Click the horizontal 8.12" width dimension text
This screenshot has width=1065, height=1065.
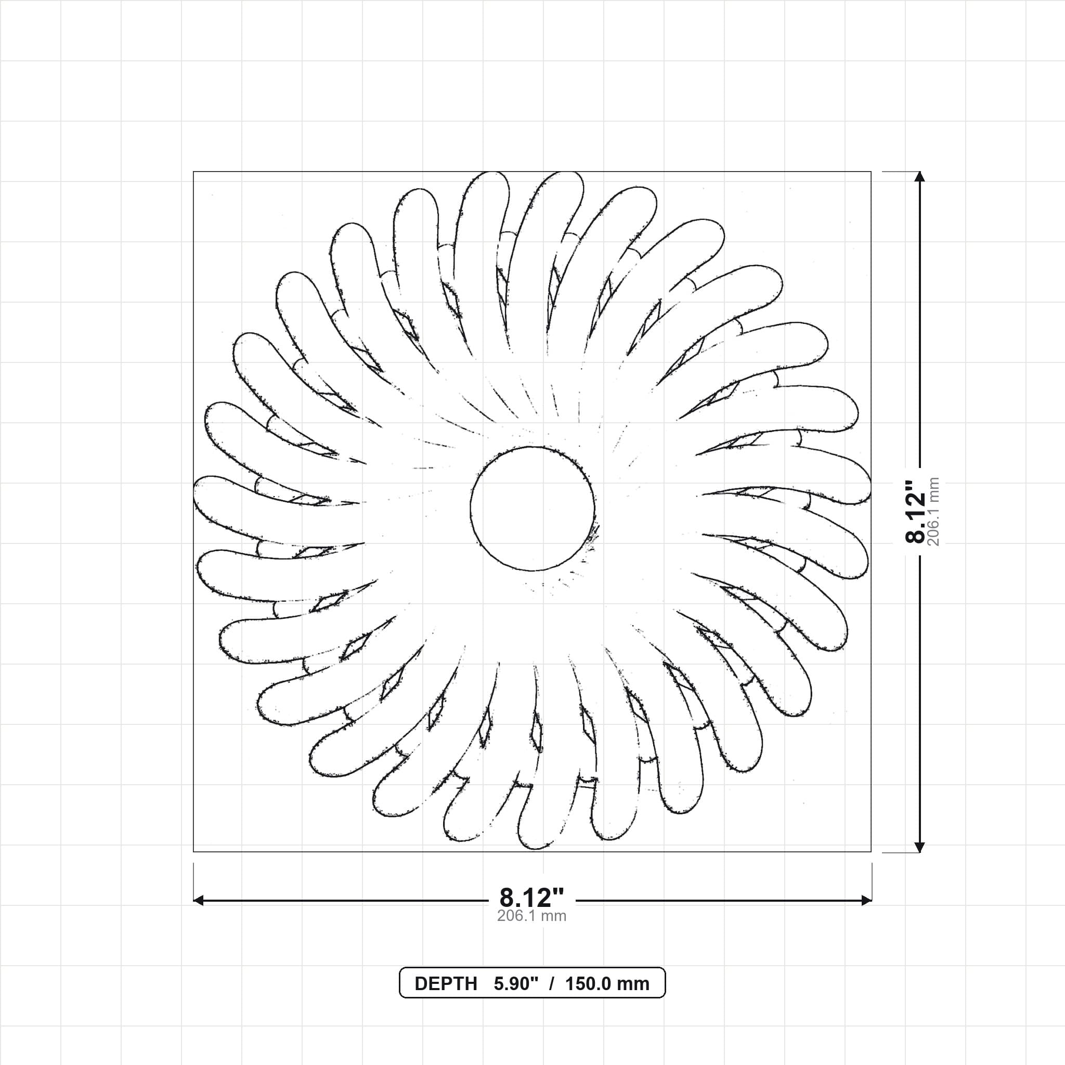[532, 898]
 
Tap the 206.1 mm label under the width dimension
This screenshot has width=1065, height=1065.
[532, 916]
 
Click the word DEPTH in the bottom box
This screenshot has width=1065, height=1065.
[446, 983]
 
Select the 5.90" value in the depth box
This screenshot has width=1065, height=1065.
[516, 983]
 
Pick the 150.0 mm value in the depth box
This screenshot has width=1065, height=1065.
[607, 983]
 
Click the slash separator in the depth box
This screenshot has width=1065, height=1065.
[552, 983]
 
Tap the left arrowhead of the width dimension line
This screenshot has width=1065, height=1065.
[199, 901]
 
